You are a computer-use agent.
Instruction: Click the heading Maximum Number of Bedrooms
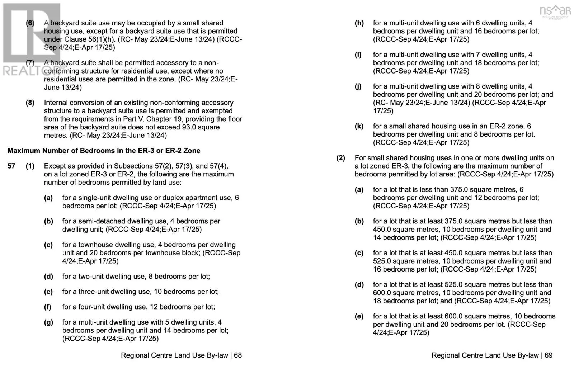(104, 151)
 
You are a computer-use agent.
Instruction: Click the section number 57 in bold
(11, 166)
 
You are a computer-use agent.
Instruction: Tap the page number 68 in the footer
(238, 355)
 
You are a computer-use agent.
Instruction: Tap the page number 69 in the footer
(549, 355)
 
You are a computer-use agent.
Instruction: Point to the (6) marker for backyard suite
(30, 23)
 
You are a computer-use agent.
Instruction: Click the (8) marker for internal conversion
(30, 103)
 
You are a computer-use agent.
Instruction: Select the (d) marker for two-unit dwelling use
(48, 277)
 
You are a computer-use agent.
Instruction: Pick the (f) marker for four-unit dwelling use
(48, 307)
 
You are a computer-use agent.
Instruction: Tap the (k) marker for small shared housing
(359, 126)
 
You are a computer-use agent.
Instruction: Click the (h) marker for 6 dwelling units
(359, 23)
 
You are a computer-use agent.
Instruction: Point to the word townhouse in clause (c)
(96, 245)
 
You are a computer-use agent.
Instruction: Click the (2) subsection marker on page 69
(341, 158)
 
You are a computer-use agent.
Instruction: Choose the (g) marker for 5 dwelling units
(48, 322)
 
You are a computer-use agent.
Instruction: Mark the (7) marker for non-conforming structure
(30, 63)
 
